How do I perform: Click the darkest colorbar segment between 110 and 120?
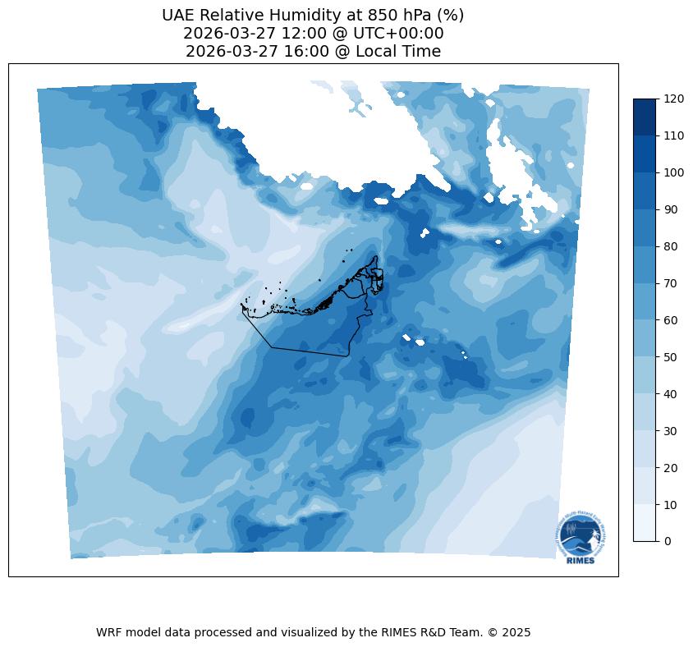click(x=645, y=117)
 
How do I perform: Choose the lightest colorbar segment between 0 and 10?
click(x=645, y=522)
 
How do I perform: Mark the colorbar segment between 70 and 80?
click(x=645, y=264)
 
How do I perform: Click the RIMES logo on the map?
click(x=580, y=538)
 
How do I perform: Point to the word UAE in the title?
click(x=179, y=16)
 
